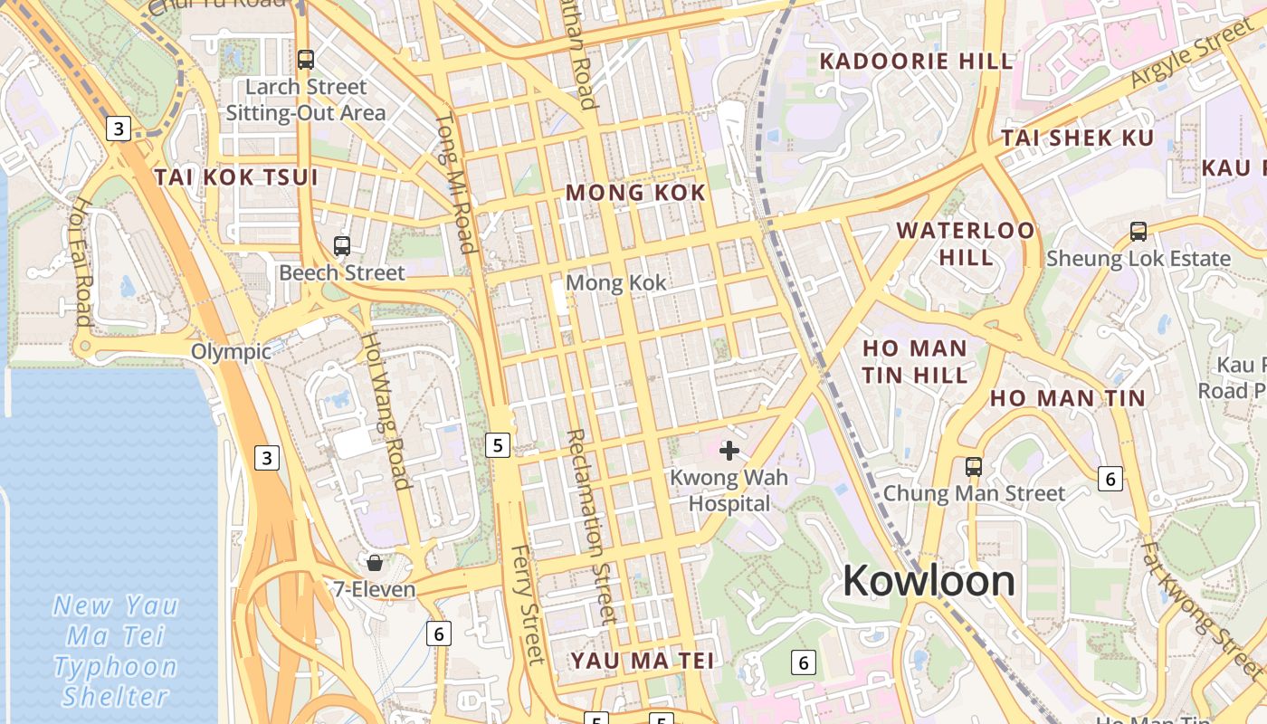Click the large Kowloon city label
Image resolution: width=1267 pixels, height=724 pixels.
929,581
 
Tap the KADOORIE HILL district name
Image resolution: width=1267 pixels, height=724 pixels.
916,62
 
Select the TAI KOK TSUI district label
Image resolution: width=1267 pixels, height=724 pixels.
236,177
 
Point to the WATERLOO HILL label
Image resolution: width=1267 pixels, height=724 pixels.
966,243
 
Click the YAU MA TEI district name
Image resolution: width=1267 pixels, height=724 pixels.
643,661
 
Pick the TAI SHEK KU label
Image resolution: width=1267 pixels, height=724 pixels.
1077,138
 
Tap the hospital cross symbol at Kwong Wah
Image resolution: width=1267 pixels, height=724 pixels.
729,450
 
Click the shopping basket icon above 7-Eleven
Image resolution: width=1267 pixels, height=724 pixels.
375,563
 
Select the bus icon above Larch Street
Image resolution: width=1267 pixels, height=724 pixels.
306,60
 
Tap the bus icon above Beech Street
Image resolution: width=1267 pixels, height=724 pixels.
341,245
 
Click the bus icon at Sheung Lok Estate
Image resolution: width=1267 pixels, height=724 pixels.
1138,232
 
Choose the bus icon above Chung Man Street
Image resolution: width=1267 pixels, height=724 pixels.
974,467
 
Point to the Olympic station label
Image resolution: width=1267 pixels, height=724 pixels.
231,351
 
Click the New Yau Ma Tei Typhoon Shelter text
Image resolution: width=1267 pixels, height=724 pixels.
116,650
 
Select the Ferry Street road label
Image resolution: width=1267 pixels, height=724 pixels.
525,605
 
